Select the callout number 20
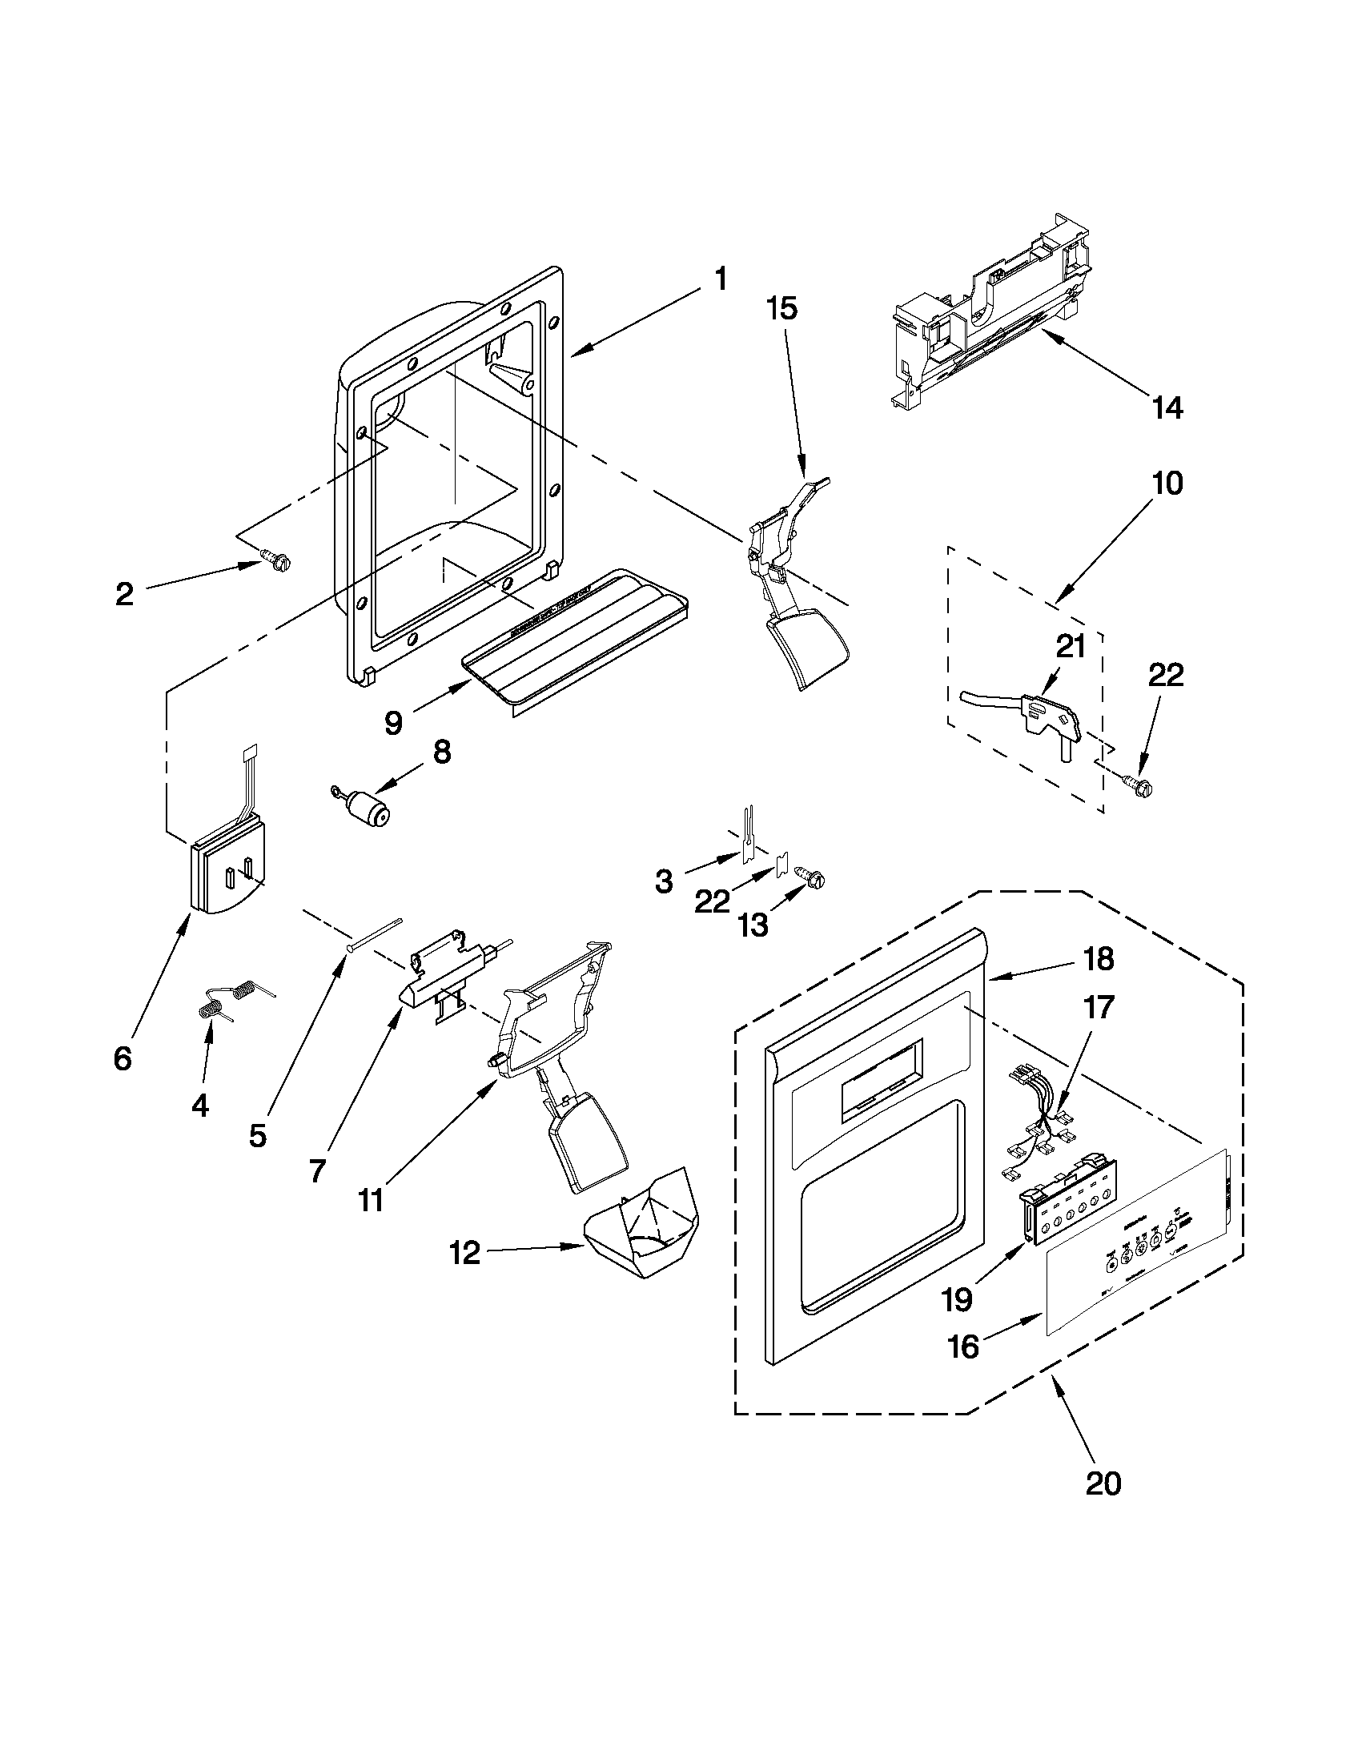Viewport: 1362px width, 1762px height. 1103,1482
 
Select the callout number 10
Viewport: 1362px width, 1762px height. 1167,484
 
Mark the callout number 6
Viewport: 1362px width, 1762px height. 123,1058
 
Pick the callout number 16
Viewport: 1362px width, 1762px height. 963,1346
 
